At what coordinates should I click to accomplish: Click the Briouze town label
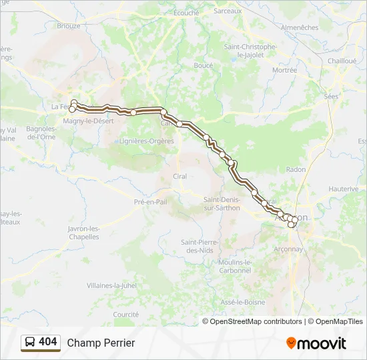(69, 26)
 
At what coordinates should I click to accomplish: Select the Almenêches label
(300, 27)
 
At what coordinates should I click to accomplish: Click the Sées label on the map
(331, 96)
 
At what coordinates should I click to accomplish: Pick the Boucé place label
(203, 65)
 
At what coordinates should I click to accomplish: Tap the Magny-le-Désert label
(88, 121)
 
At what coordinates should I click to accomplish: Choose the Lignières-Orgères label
(146, 141)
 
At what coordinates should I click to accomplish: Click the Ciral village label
(179, 176)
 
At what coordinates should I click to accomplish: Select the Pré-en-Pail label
(150, 201)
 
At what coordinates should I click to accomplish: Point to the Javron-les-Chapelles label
(83, 233)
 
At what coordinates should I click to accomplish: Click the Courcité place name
(125, 314)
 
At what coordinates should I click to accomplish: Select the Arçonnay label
(288, 249)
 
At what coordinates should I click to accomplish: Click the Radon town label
(296, 169)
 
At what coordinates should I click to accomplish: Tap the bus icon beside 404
(30, 342)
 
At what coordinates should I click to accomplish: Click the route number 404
(48, 342)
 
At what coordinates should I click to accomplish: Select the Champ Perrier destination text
(101, 343)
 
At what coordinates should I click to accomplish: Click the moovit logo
(316, 343)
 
